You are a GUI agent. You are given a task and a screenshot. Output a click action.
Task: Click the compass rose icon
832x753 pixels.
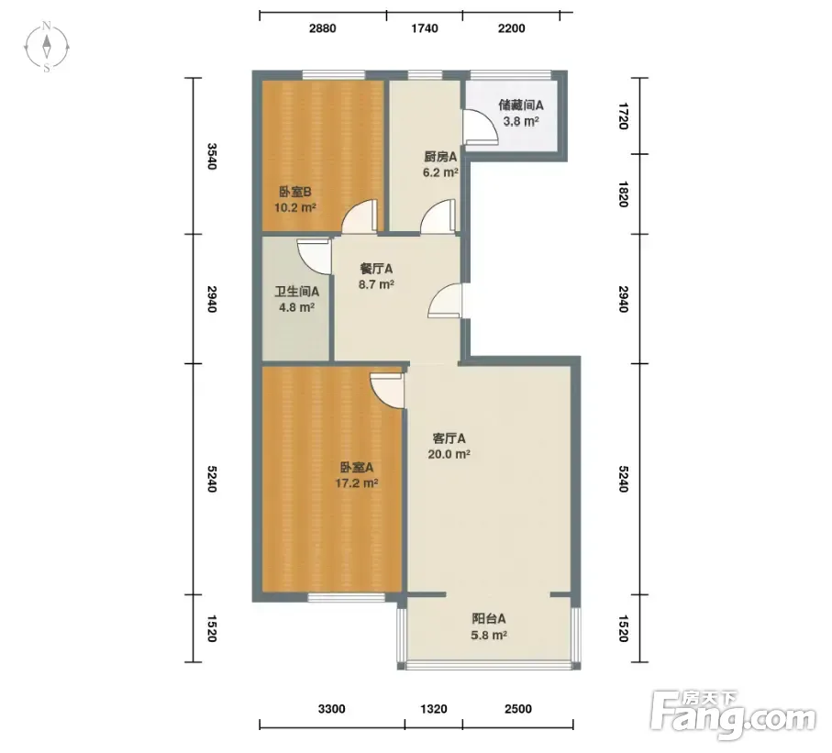[47, 47]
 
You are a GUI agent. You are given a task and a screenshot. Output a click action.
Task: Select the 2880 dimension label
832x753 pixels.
[323, 28]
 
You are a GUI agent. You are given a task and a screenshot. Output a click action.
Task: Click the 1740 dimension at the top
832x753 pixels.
[425, 28]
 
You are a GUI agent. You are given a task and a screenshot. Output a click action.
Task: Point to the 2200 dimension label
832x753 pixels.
[512, 28]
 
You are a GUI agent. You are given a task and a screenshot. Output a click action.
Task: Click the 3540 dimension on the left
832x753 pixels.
[212, 156]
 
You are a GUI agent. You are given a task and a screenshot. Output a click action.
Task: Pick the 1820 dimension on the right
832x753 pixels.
[624, 194]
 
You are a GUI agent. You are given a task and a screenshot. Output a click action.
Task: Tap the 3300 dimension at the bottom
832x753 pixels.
[332, 709]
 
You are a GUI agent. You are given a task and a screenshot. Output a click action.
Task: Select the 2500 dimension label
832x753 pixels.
[518, 709]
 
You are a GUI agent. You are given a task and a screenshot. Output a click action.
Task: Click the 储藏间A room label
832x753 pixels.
[520, 105]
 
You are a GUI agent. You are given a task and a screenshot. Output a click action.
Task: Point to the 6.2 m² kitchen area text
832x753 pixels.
[440, 172]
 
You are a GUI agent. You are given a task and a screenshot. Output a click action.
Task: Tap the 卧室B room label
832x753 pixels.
[295, 192]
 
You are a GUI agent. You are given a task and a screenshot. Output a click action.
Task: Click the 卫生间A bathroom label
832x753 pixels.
[296, 292]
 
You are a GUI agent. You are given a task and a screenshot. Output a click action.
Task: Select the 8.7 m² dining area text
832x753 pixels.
[376, 284]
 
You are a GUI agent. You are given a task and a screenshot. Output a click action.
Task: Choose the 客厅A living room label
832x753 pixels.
[449, 438]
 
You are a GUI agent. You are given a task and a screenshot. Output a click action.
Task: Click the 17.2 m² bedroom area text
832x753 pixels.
[357, 483]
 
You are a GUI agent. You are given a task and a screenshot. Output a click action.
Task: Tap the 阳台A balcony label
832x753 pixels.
[489, 619]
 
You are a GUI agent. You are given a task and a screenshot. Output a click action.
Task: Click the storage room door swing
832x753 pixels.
[481, 127]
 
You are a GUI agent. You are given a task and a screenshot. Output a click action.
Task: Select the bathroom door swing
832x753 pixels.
[314, 256]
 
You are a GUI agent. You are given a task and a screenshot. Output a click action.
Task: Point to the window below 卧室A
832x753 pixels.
[347, 597]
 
